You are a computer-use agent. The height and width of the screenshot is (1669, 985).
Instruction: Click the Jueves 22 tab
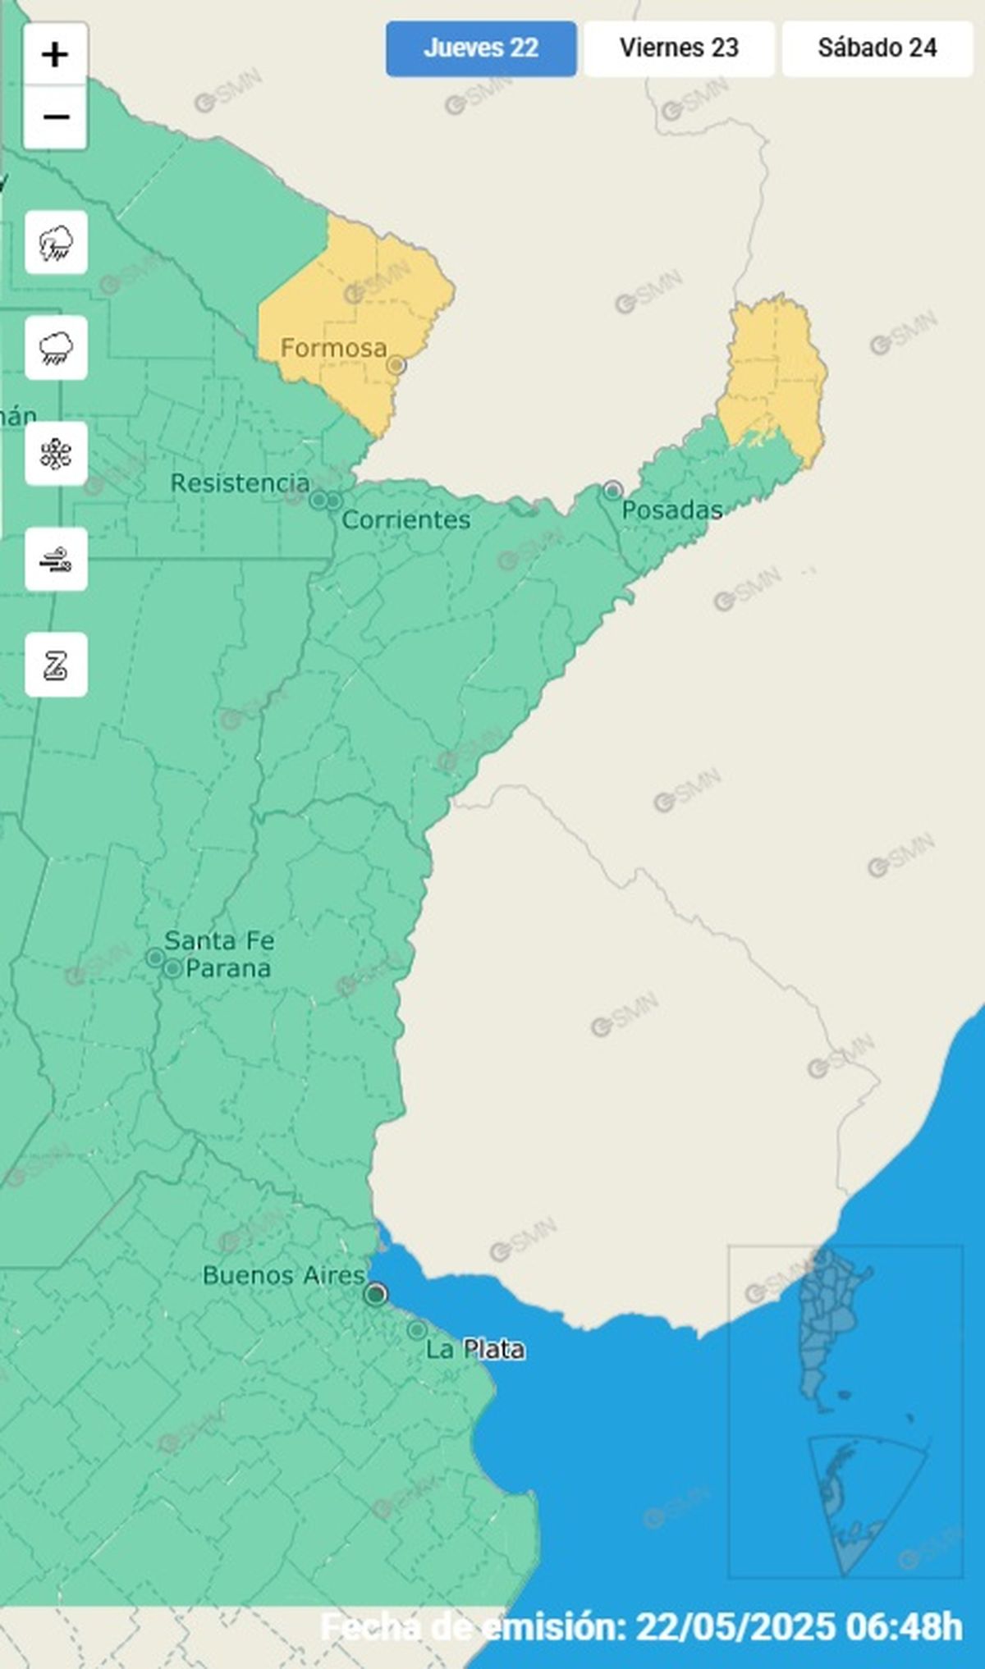pos(481,48)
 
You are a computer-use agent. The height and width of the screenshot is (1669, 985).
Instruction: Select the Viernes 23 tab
pos(679,48)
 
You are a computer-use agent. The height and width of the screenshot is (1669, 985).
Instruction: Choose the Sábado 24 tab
pos(877,48)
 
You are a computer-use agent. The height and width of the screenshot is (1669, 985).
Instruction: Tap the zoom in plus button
pos(55,56)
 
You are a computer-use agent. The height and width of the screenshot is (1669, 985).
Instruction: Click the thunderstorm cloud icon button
pos(56,243)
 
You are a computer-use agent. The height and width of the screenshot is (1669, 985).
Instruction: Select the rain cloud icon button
pos(56,348)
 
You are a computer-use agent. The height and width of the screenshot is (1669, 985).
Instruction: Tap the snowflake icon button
pos(56,454)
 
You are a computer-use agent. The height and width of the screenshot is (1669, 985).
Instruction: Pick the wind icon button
pos(56,560)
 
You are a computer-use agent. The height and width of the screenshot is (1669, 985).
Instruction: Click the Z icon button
pos(56,665)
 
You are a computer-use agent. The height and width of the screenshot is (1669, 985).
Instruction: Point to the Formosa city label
pos(333,348)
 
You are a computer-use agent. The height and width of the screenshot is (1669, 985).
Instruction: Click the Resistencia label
pos(240,483)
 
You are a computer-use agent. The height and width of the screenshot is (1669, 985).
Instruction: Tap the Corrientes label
pos(405,519)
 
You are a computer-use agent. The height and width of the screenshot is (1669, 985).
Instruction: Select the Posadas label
pos(671,510)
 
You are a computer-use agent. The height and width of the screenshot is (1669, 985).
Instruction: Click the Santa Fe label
pos(219,940)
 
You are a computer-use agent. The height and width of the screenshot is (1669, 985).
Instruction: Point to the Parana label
pos(228,968)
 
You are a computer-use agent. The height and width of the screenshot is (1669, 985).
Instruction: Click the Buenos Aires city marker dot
pos(376,1294)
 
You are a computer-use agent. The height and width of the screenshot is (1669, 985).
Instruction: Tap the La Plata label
pos(474,1349)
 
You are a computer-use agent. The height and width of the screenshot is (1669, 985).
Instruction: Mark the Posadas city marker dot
pos(612,491)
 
